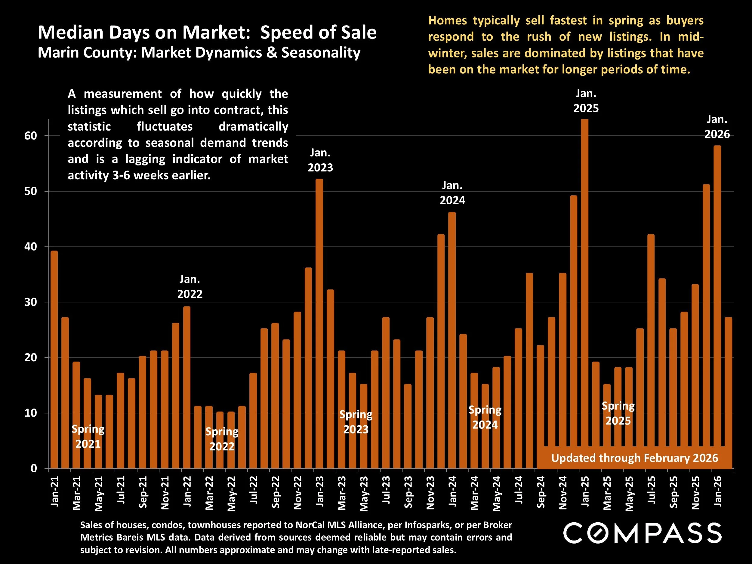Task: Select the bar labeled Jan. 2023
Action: (x=319, y=323)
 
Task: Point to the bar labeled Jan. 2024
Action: (x=452, y=340)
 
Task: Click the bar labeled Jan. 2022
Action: (x=186, y=387)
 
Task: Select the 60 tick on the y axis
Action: (x=31, y=136)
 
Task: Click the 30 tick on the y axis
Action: (x=31, y=302)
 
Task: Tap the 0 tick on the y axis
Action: (x=34, y=468)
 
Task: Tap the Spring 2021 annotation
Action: (x=88, y=436)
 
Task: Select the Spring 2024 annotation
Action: (x=485, y=417)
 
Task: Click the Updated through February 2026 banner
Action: (x=634, y=458)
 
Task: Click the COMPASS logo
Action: (x=642, y=533)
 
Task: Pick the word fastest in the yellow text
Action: (x=568, y=20)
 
